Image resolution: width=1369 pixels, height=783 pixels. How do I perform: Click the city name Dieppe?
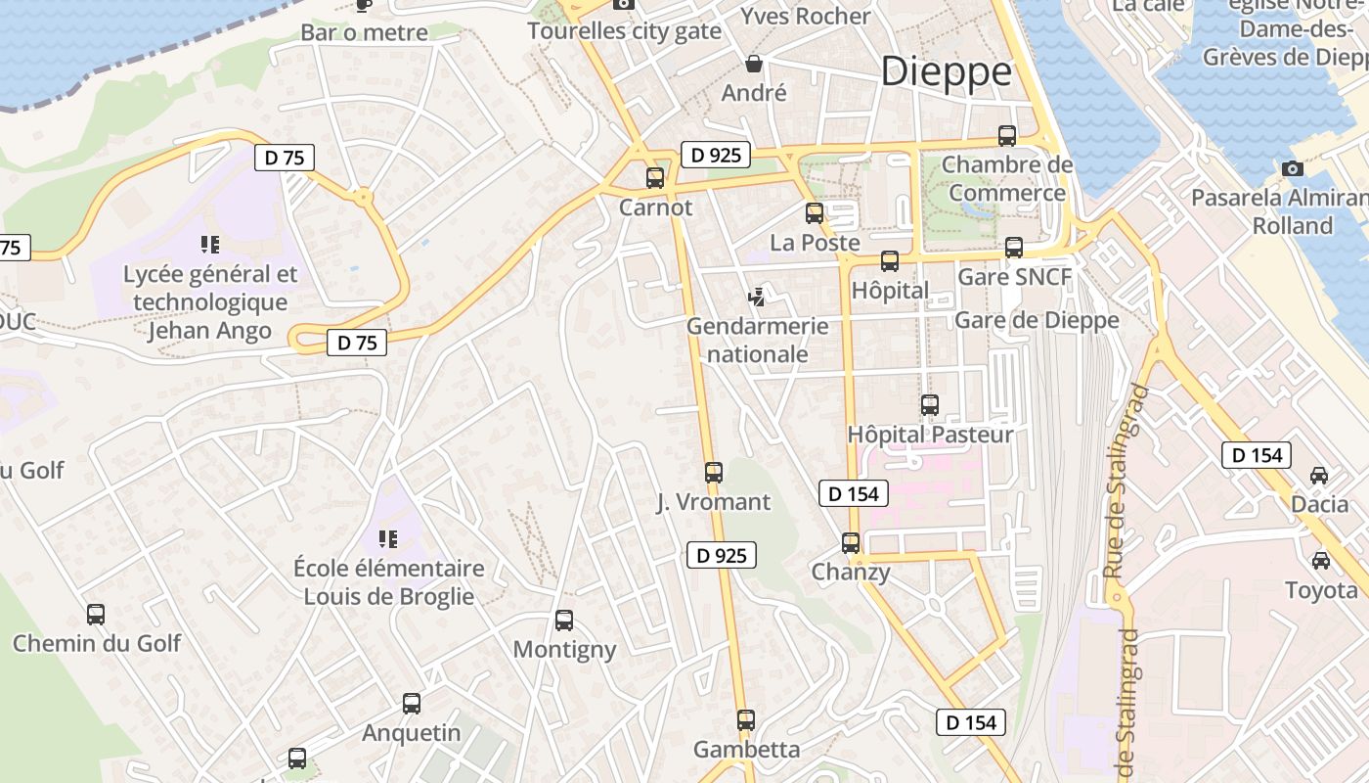click(946, 71)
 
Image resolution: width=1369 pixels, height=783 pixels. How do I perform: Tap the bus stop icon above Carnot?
click(655, 178)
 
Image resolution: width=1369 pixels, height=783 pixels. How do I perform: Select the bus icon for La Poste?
click(815, 213)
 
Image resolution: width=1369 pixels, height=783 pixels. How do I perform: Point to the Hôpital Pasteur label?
click(930, 434)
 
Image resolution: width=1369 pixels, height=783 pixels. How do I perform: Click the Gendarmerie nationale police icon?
click(756, 296)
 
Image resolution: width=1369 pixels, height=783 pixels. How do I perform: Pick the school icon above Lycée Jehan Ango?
click(209, 245)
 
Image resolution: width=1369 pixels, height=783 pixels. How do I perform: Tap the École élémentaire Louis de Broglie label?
click(388, 582)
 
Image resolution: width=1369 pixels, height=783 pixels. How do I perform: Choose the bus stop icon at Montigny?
click(564, 621)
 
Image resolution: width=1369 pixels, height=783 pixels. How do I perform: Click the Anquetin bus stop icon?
click(412, 704)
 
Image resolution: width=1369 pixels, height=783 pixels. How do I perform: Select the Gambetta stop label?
click(746, 750)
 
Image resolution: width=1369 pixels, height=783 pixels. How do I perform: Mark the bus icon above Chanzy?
click(851, 543)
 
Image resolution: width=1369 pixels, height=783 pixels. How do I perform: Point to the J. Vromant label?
click(713, 503)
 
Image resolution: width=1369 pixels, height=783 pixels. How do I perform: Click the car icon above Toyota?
click(1321, 561)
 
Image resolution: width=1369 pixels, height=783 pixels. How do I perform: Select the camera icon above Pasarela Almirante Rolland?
click(1293, 168)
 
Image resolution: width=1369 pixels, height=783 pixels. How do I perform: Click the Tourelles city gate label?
click(624, 31)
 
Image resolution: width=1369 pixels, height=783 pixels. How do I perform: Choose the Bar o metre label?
click(364, 32)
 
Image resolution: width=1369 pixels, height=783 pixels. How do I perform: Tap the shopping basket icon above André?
click(754, 65)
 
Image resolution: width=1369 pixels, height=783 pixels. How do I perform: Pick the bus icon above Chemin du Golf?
click(96, 615)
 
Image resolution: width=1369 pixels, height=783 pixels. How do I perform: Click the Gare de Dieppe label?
click(1037, 320)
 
